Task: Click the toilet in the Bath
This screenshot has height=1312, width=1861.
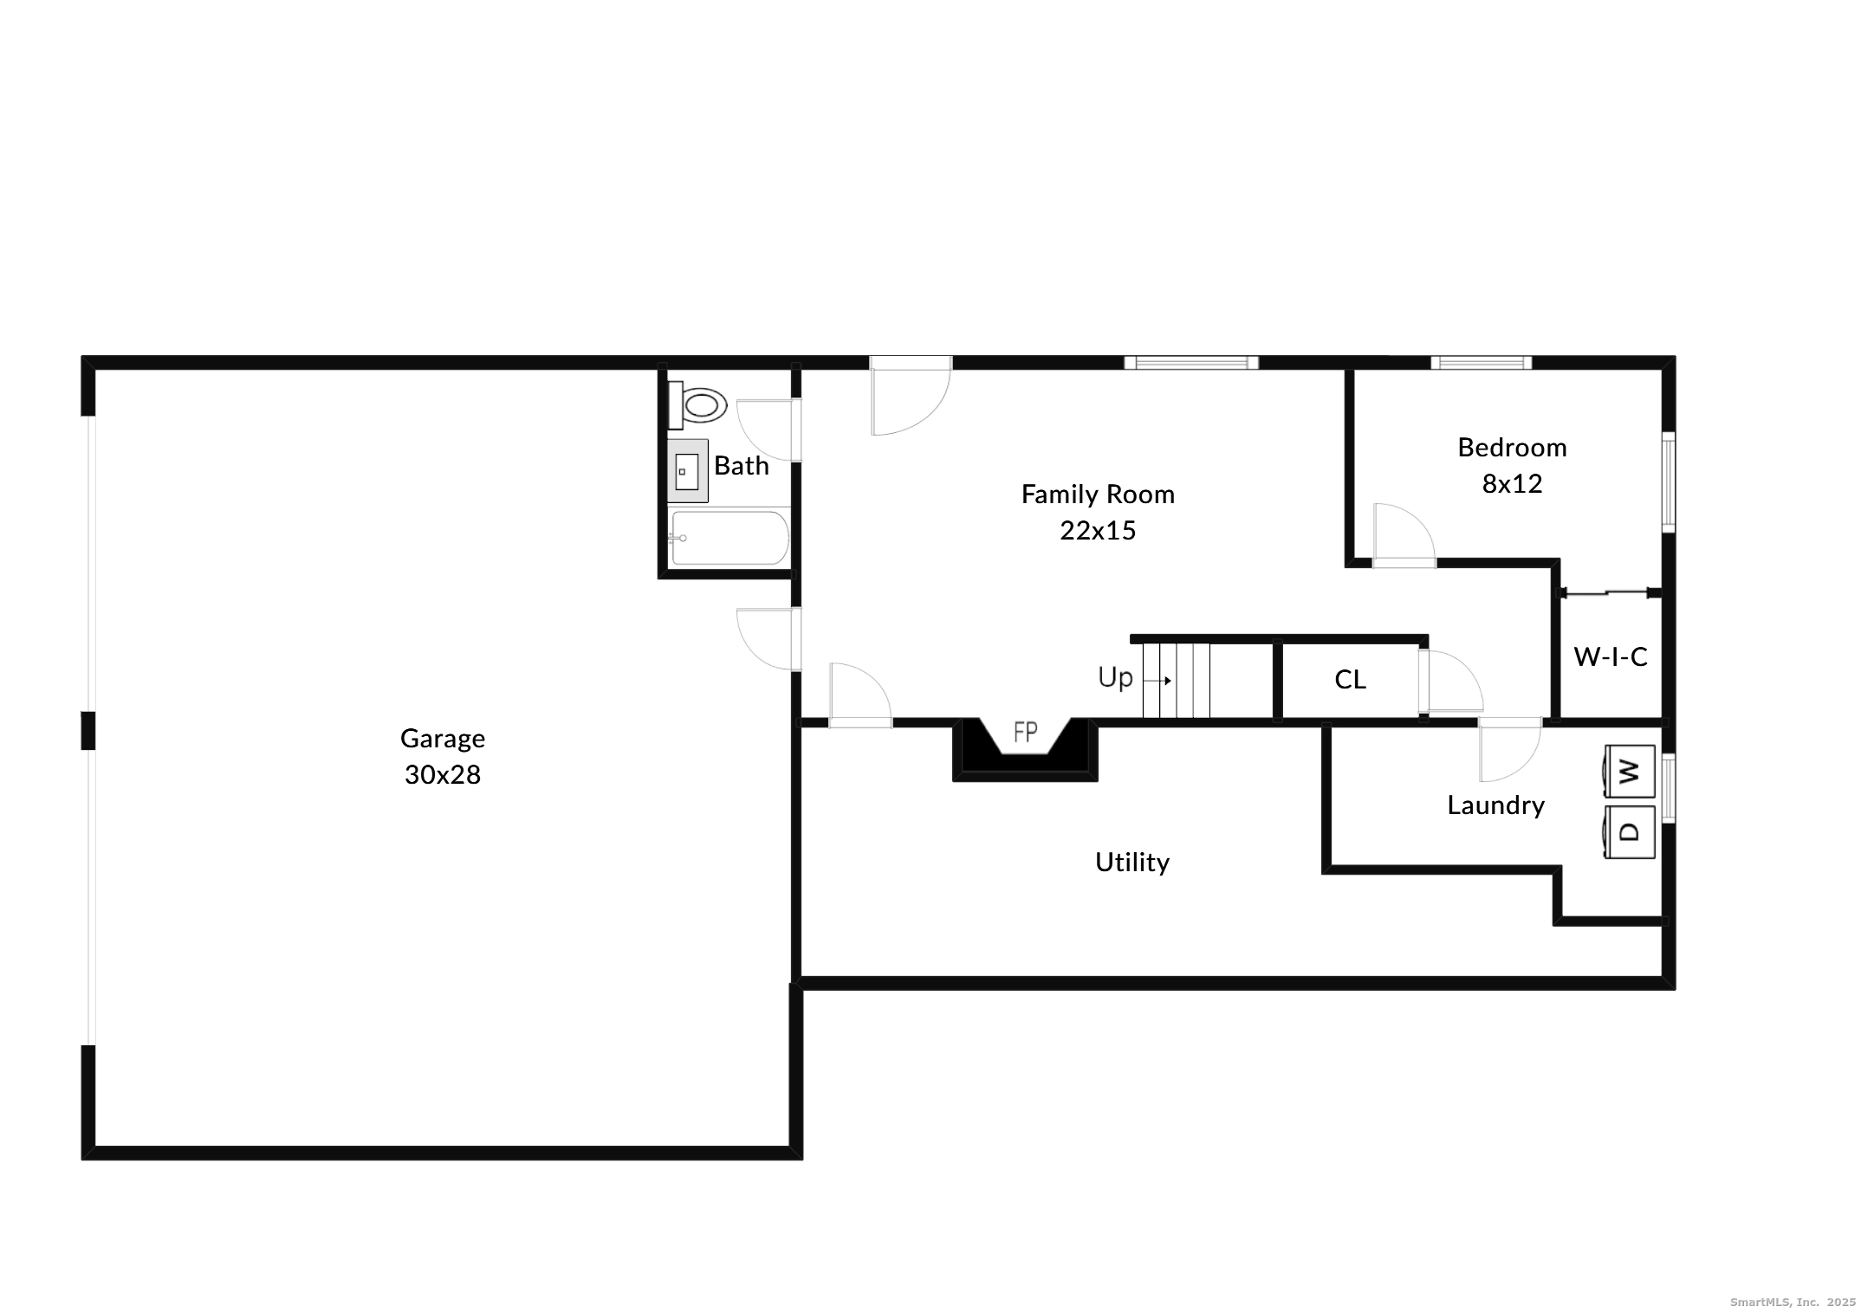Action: [x=700, y=405]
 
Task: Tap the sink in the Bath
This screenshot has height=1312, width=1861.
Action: [x=687, y=472]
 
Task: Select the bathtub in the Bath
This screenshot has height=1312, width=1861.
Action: [x=729, y=538]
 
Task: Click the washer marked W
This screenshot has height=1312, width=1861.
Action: [x=1630, y=771]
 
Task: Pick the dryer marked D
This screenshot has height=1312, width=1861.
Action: [x=1630, y=832]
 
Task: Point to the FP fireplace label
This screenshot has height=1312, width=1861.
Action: [x=1025, y=733]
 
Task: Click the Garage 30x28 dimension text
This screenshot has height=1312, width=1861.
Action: [x=442, y=774]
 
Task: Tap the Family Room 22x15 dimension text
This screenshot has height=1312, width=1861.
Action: [x=1098, y=530]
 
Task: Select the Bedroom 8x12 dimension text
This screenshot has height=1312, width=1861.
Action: [x=1512, y=483]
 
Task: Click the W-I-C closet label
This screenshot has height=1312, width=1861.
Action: [x=1611, y=657]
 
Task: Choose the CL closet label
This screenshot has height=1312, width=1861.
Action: [x=1350, y=680]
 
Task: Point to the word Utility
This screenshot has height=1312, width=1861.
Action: [x=1132, y=862]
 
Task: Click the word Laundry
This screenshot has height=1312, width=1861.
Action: [x=1495, y=805]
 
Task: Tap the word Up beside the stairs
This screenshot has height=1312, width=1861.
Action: [x=1115, y=677]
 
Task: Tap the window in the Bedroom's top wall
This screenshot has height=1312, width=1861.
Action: [x=1481, y=363]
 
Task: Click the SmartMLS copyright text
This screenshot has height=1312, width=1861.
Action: [x=1793, y=1302]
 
